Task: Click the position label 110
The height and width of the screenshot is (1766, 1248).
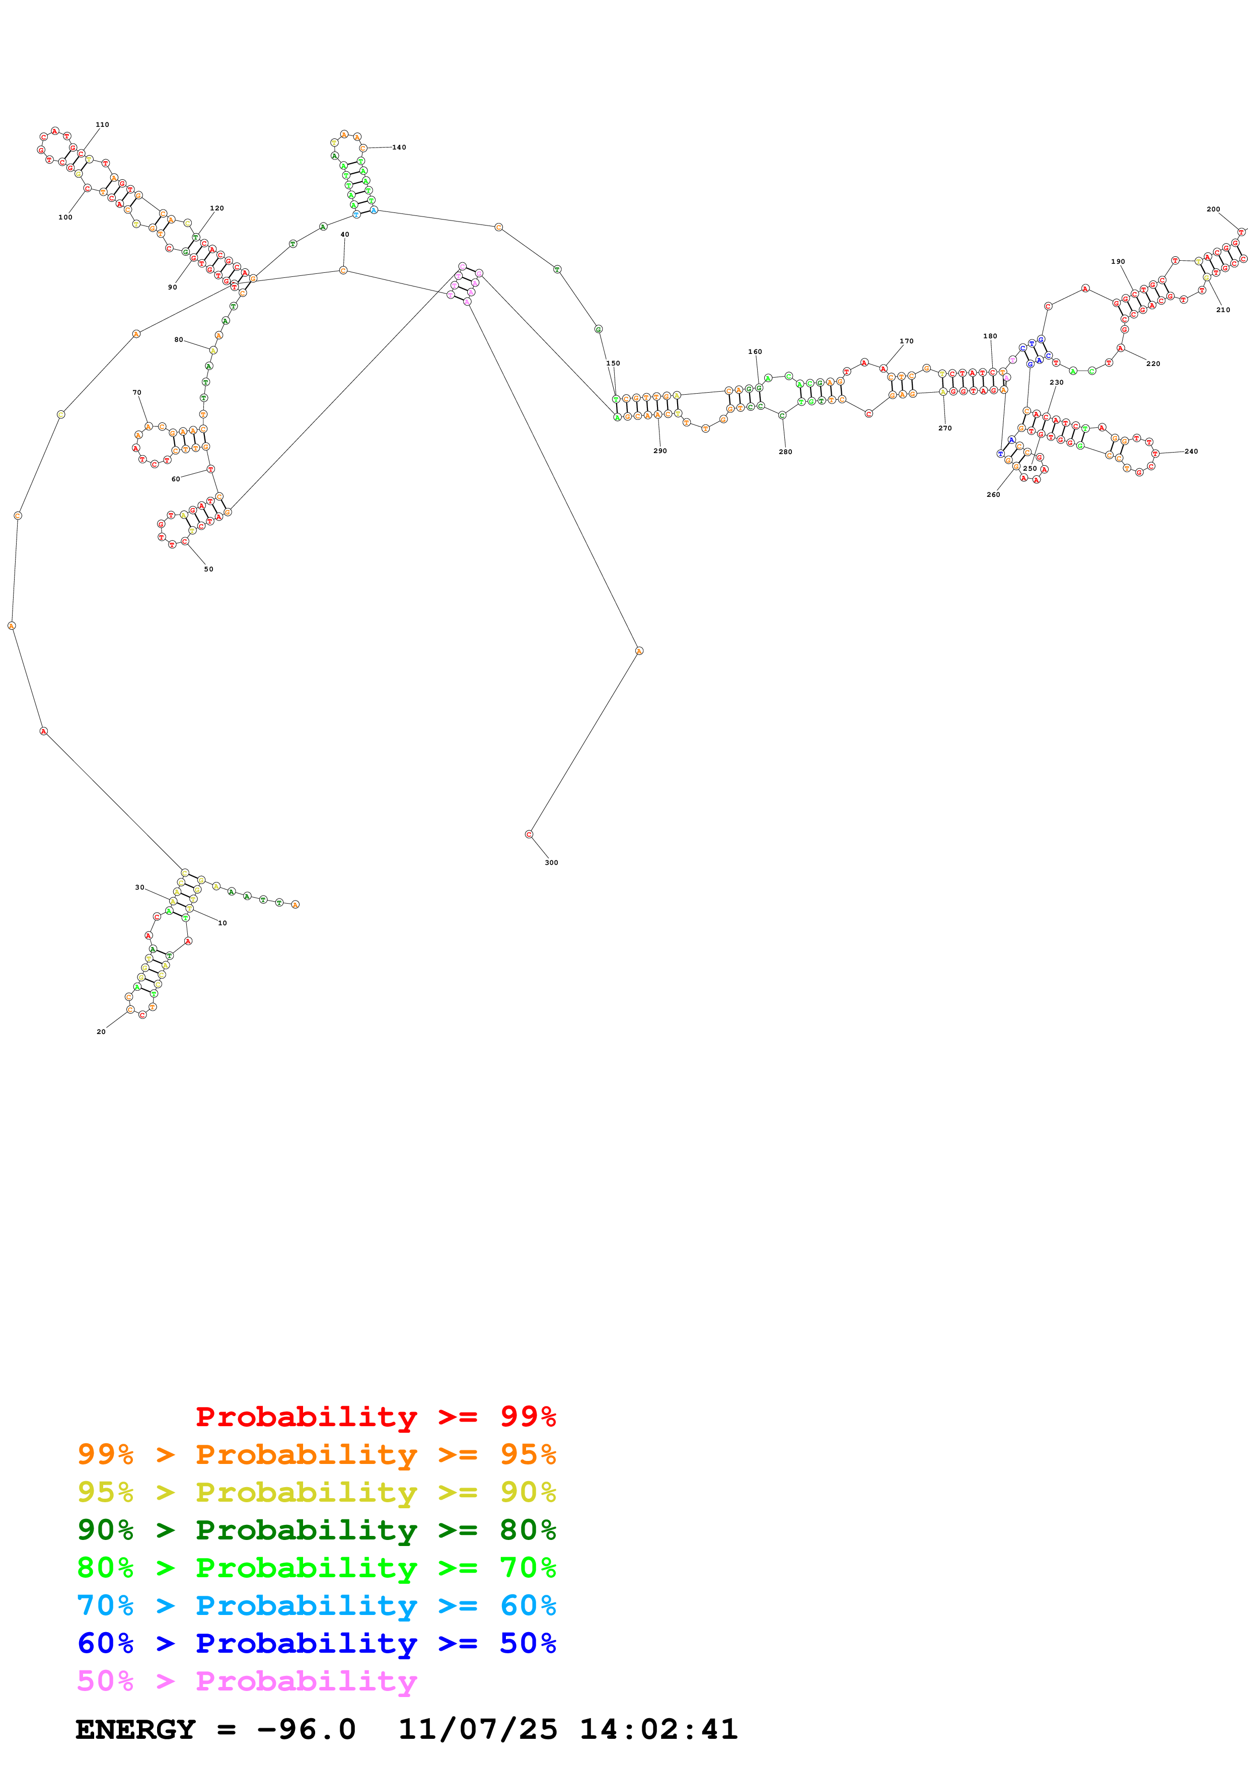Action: point(102,125)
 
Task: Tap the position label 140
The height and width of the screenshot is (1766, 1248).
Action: point(399,148)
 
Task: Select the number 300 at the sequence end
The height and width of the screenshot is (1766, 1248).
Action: point(551,863)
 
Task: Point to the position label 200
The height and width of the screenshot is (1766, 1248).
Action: point(1213,209)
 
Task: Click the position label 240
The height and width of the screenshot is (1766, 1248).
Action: point(1191,452)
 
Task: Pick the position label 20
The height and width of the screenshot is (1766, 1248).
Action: point(101,1032)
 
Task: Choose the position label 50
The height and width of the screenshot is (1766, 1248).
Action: point(208,569)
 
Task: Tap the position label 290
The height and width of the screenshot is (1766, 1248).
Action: point(660,451)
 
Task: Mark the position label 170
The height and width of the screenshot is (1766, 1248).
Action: point(907,341)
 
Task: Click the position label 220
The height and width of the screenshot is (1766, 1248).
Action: point(1153,364)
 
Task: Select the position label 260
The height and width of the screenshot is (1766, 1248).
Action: point(993,494)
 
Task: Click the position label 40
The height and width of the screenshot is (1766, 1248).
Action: point(344,235)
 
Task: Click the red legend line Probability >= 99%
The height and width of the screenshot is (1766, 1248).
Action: point(375,1417)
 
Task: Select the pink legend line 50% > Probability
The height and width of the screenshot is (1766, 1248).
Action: point(247,1681)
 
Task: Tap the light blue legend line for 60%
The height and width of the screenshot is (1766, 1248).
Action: point(316,1606)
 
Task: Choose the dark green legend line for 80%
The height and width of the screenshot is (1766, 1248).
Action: point(316,1530)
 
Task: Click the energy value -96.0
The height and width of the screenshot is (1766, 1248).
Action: point(306,1730)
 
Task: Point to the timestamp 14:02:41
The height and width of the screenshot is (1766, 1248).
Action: point(658,1730)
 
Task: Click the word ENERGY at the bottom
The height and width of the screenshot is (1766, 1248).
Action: point(135,1730)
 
